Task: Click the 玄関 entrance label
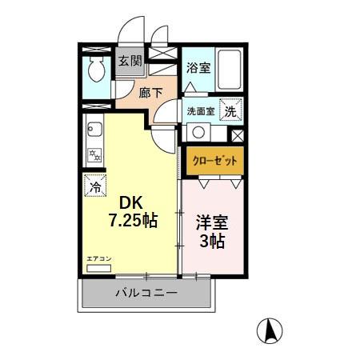[130, 61]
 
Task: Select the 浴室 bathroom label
[198, 68]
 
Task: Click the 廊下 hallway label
[151, 93]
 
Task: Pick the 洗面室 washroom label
[201, 112]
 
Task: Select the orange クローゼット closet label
[213, 160]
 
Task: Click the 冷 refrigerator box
[94, 186]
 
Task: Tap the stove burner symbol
[93, 154]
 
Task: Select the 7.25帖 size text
[133, 220]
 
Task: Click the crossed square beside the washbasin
[237, 134]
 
